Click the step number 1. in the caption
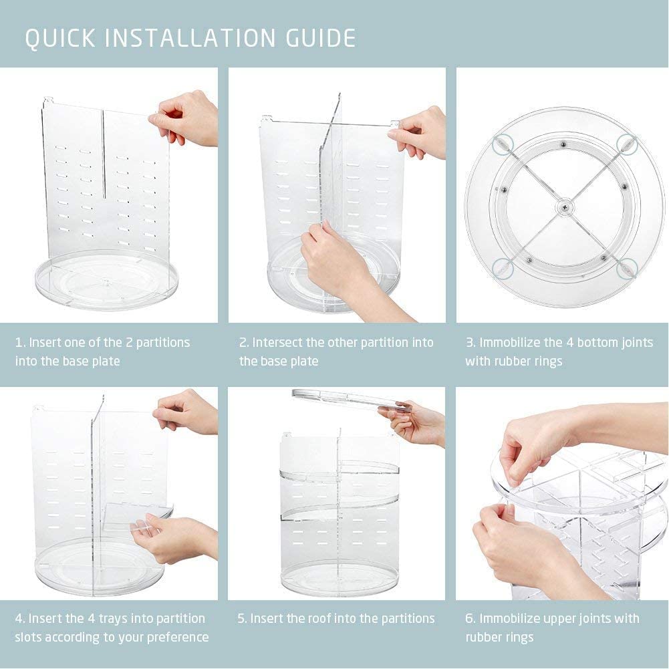pyautogui.click(x=20, y=343)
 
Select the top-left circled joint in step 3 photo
pyautogui.click(x=501, y=143)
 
